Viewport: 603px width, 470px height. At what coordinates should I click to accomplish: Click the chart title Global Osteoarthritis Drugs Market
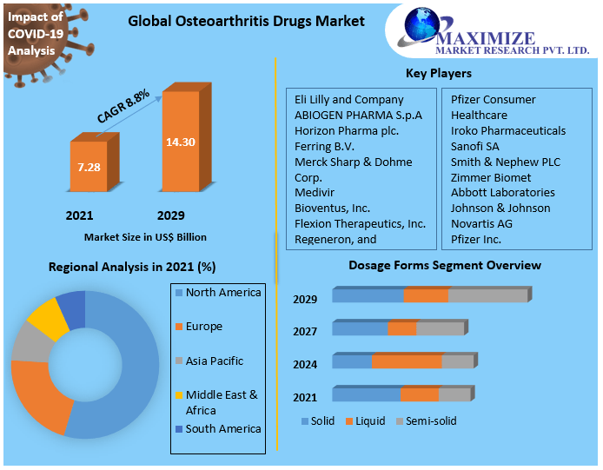click(x=246, y=21)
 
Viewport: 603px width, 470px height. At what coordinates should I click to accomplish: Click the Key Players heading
click(x=438, y=73)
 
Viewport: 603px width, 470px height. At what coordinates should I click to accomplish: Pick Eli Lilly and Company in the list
click(x=348, y=99)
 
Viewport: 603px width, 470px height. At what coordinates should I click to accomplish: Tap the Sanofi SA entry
click(x=474, y=146)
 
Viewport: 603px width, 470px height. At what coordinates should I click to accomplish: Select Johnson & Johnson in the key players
click(x=500, y=208)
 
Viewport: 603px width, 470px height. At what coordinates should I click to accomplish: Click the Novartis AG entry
click(x=481, y=223)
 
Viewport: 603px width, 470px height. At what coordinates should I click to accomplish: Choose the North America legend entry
click(x=223, y=293)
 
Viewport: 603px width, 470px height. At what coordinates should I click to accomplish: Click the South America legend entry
click(x=223, y=428)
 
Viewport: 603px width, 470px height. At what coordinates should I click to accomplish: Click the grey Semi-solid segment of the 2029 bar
click(x=487, y=295)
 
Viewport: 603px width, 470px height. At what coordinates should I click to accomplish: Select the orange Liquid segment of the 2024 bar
click(x=407, y=361)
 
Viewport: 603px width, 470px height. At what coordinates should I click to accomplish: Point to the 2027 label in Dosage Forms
click(x=305, y=331)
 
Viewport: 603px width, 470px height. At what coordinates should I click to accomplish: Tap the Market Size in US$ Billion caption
click(x=145, y=236)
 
